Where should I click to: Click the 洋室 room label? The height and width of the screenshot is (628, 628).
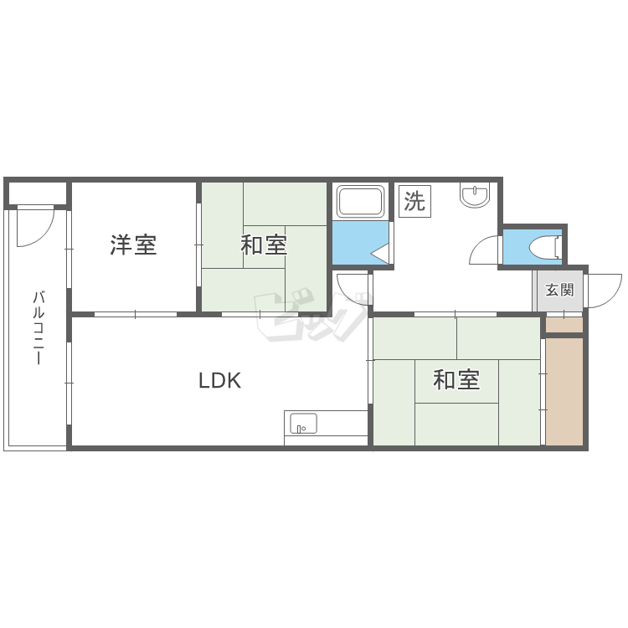click(133, 245)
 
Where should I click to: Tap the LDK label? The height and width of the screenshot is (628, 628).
click(220, 380)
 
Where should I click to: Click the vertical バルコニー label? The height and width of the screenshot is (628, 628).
click(38, 328)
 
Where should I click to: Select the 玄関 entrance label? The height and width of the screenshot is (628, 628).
click(559, 290)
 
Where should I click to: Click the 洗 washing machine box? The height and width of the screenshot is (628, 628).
click(414, 201)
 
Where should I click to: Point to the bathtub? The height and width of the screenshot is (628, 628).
click(360, 201)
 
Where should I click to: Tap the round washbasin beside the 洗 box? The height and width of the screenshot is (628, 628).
click(475, 195)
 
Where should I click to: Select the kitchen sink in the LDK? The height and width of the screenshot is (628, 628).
click(303, 424)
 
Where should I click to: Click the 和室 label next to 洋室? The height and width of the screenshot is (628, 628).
click(264, 245)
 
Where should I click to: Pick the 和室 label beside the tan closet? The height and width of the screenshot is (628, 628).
click(456, 380)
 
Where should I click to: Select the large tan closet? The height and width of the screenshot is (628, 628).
click(564, 391)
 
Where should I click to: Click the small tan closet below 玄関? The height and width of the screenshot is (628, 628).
click(564, 325)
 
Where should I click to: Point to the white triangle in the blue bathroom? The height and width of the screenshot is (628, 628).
click(380, 254)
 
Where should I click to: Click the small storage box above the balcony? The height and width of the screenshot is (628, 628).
click(37, 193)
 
